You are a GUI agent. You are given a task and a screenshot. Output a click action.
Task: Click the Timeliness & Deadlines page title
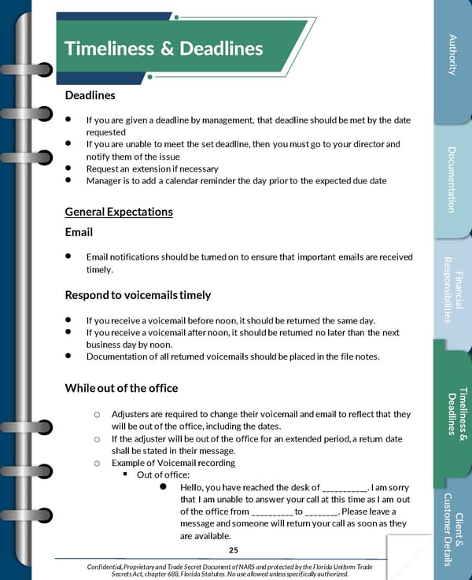click(x=164, y=49)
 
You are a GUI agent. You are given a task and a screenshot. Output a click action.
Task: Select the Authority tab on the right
click(x=452, y=55)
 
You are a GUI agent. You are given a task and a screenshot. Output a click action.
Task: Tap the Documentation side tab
click(x=452, y=179)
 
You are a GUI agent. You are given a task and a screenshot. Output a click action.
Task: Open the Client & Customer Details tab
click(x=452, y=528)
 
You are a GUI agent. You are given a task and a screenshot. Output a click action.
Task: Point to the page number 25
click(x=233, y=550)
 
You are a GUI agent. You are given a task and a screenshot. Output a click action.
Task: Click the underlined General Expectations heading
click(x=119, y=212)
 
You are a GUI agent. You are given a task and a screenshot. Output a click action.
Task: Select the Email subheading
click(x=79, y=232)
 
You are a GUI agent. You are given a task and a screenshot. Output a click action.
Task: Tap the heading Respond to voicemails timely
click(x=138, y=295)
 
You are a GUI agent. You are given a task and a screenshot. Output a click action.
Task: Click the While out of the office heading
click(x=121, y=387)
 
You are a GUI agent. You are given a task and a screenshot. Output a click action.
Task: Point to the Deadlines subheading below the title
click(x=90, y=95)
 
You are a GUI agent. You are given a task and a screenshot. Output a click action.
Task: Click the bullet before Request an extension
click(x=69, y=168)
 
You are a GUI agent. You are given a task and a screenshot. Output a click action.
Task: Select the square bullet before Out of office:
click(x=124, y=475)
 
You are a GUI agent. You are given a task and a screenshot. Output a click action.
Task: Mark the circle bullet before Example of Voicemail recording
click(x=96, y=464)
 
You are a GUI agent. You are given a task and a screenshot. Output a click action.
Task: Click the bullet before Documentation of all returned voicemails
click(x=69, y=356)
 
